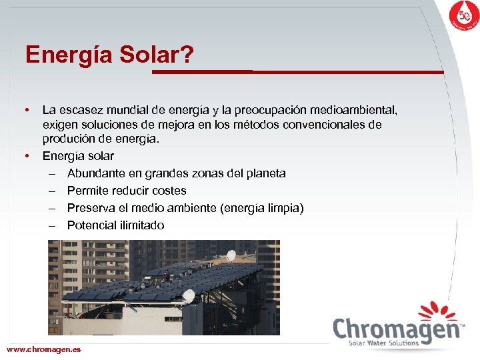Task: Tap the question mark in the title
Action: pyautogui.click(x=187, y=55)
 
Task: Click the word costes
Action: pyautogui.click(x=169, y=191)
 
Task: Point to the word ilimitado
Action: pyautogui.click(x=139, y=225)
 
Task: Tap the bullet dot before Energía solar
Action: pyautogui.click(x=27, y=156)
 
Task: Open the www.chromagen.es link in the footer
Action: pyautogui.click(x=43, y=349)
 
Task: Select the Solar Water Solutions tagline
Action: pyautogui.click(x=384, y=343)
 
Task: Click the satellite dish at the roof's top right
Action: pyautogui.click(x=231, y=255)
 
